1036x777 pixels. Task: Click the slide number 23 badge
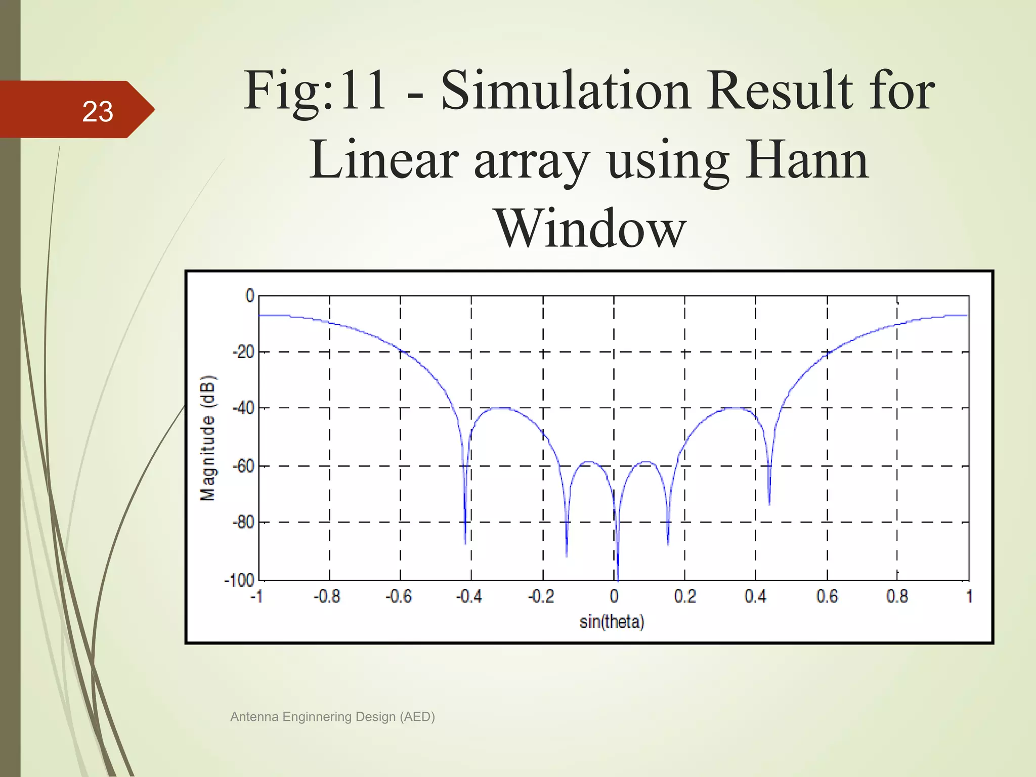point(97,111)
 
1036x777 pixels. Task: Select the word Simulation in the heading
point(566,91)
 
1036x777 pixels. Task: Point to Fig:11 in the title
point(315,91)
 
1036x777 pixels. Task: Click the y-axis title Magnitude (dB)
point(208,438)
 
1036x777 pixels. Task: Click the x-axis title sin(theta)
point(612,622)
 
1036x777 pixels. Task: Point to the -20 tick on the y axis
point(243,352)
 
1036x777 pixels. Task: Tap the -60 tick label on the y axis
point(243,465)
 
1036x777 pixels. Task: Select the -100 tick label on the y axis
point(239,580)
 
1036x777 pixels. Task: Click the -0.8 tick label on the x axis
point(327,597)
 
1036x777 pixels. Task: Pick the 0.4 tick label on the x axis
point(755,597)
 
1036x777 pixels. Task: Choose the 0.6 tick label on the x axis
point(827,597)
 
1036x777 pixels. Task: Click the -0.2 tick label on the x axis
point(541,597)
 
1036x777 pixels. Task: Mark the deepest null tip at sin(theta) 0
point(618,579)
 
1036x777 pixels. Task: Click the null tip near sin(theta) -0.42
point(465,543)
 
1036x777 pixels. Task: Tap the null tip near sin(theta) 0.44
point(769,504)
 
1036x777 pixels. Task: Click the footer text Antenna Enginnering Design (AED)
point(332,717)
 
